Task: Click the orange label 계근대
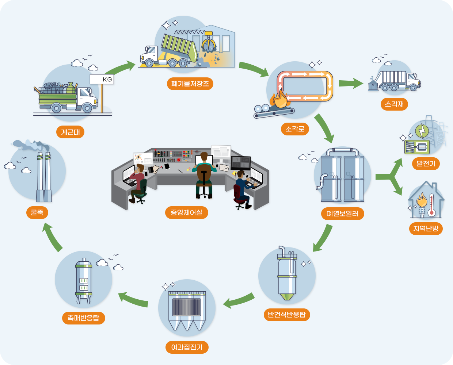pyautogui.click(x=70, y=132)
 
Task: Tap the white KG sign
pyautogui.click(x=102, y=79)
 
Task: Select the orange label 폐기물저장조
pyautogui.click(x=190, y=84)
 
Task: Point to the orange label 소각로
pyautogui.click(x=295, y=129)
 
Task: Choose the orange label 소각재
pyautogui.click(x=394, y=104)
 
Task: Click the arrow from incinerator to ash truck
pyautogui.click(x=351, y=83)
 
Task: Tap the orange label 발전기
pyautogui.click(x=426, y=164)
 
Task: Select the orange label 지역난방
pyautogui.click(x=426, y=228)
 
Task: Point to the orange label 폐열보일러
pyautogui.click(x=342, y=214)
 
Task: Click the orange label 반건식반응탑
pyautogui.click(x=286, y=315)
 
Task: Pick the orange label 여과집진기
pyautogui.click(x=187, y=347)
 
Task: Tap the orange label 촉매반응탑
pyautogui.click(x=83, y=318)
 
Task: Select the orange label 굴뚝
pyautogui.click(x=37, y=212)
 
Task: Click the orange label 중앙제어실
pyautogui.click(x=186, y=212)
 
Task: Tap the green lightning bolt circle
pyautogui.click(x=422, y=131)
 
